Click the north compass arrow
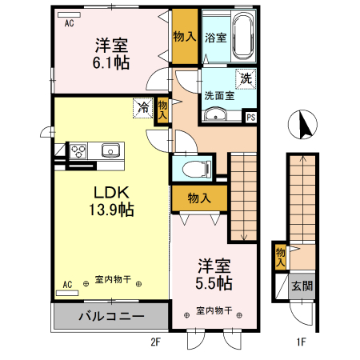[303, 124]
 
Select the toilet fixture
[195, 168]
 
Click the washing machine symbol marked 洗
[246, 78]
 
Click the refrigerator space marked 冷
[144, 107]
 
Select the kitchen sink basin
[110, 150]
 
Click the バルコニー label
[110, 317]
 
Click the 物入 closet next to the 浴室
[185, 36]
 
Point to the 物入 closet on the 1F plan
[280, 255]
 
